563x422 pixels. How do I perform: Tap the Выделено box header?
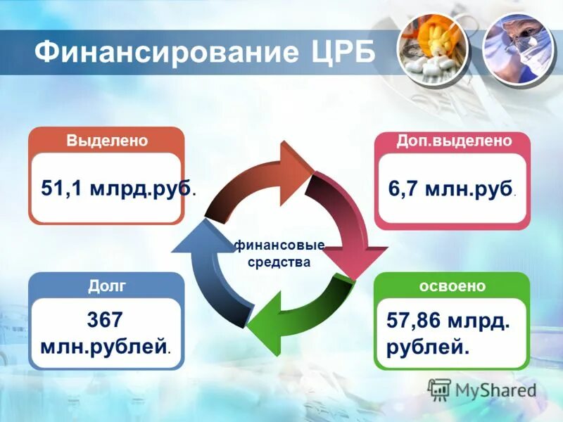tap(107, 140)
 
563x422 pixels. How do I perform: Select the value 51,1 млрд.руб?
tap(117, 188)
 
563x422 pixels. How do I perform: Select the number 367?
tap(105, 320)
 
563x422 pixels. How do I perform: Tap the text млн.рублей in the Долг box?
tap(106, 345)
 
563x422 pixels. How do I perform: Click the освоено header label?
tap(452, 286)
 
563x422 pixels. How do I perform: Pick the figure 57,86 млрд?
tap(448, 321)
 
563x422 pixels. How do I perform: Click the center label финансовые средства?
tap(279, 254)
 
